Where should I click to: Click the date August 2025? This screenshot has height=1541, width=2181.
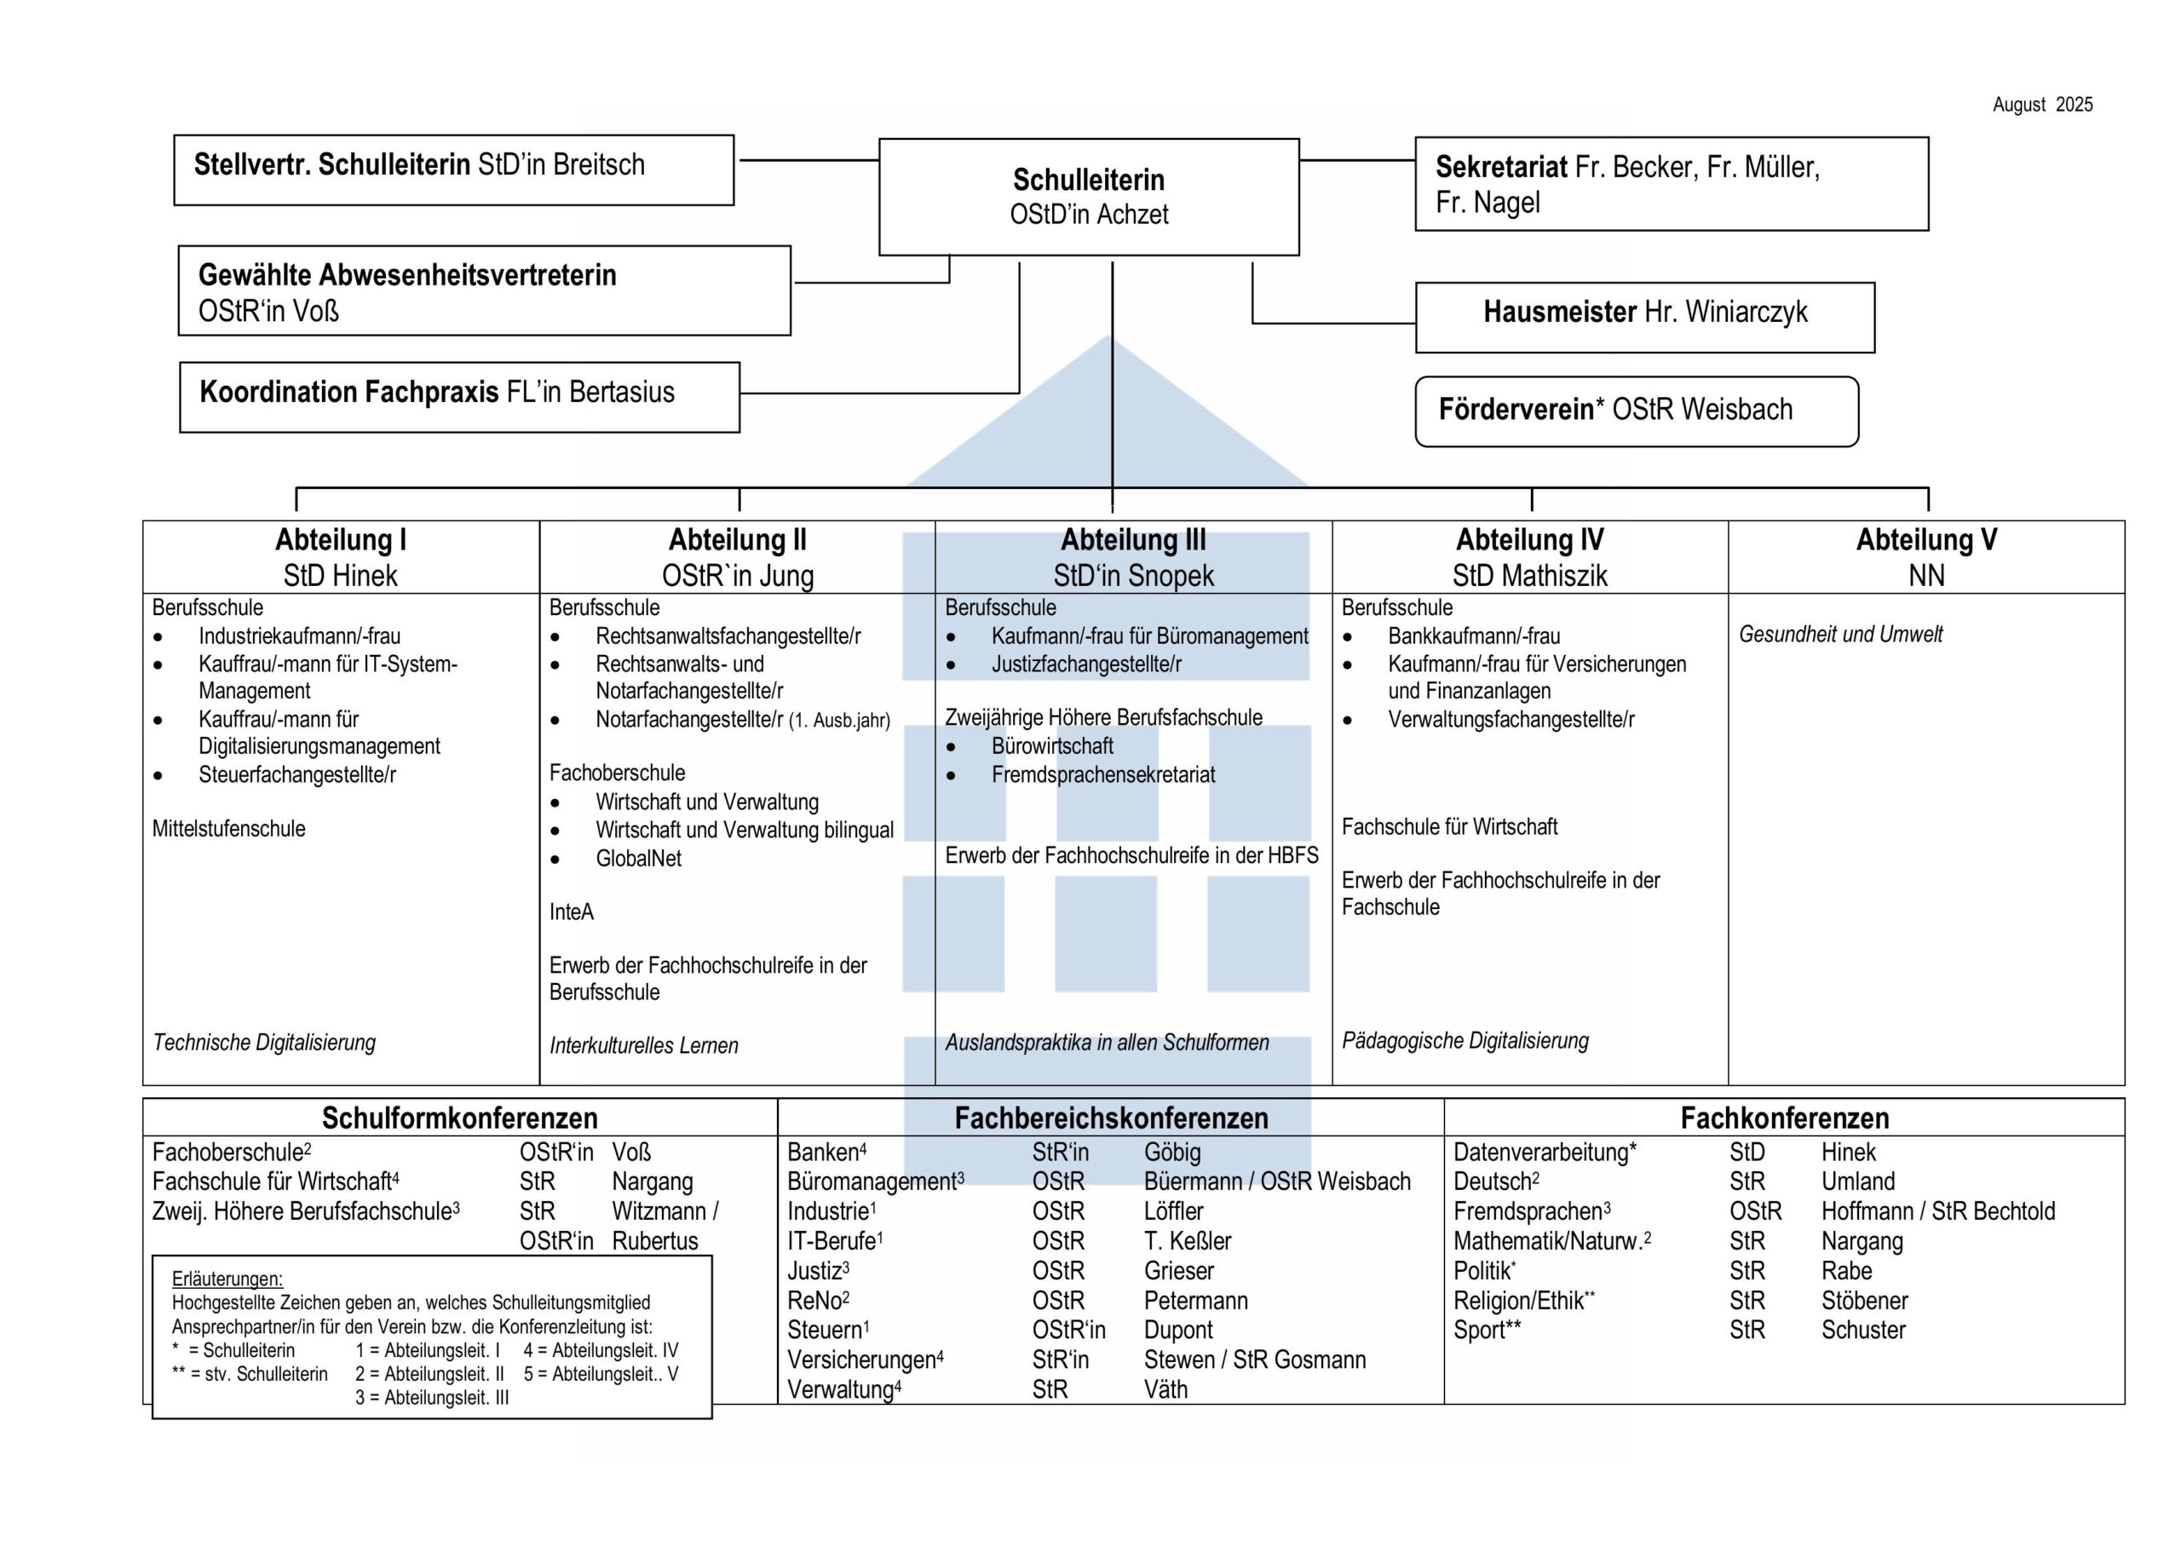coord(2041,106)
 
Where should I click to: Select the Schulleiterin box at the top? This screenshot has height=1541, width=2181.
coord(1089,197)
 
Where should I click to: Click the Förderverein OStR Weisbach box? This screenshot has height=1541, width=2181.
coord(1636,411)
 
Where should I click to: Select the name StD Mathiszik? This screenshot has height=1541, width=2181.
coord(1529,576)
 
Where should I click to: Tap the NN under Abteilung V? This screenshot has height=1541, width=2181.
coord(1925,576)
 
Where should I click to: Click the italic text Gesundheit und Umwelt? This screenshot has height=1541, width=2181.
coord(1840,635)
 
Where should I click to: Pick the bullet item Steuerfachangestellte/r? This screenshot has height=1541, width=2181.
coord(296,775)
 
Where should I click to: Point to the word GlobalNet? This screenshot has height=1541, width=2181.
coord(638,859)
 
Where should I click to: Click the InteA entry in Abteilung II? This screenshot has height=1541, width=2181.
coord(571,912)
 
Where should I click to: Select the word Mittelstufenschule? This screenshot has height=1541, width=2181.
coord(229,830)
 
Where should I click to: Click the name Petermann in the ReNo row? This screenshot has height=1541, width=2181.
coord(1195,1301)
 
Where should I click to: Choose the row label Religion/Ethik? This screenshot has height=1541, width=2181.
coord(1518,1301)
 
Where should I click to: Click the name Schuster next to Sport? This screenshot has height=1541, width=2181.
coord(1862,1330)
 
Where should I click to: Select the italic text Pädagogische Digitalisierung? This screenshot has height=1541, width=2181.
coord(1465,1041)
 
